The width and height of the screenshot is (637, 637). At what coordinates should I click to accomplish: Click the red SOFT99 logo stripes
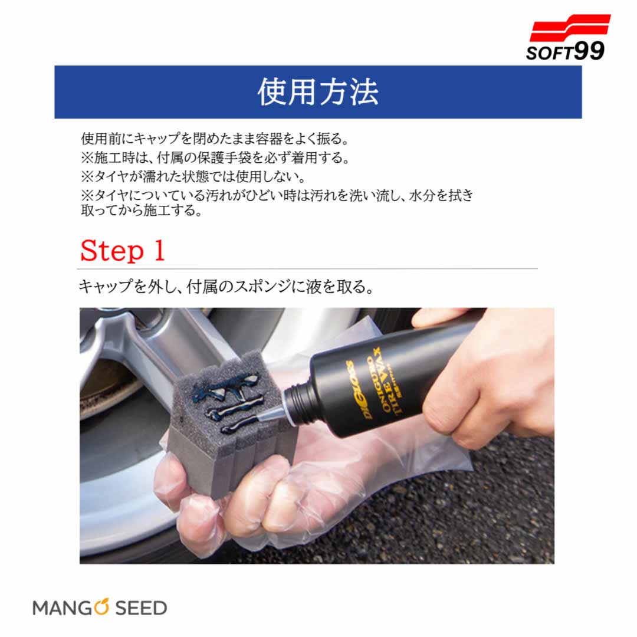point(570,28)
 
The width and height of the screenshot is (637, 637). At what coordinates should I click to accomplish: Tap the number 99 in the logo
point(589,51)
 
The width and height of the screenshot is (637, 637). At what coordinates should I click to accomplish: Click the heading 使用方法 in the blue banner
point(318,92)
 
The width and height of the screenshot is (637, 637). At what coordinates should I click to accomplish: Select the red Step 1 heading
point(123,250)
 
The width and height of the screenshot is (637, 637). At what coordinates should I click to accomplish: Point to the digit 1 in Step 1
point(159,250)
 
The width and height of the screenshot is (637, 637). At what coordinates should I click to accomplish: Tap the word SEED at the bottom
point(141,608)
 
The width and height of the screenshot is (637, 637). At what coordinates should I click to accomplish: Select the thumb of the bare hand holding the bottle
point(439,317)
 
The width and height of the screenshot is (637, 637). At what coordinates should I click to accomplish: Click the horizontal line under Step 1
point(307,268)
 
